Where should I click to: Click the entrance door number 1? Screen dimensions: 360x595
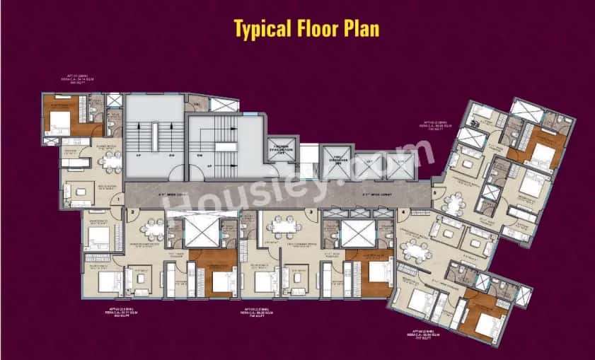point(117,200)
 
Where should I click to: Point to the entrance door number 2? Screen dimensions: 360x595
point(132,211)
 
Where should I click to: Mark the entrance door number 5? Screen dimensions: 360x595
point(435,192)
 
